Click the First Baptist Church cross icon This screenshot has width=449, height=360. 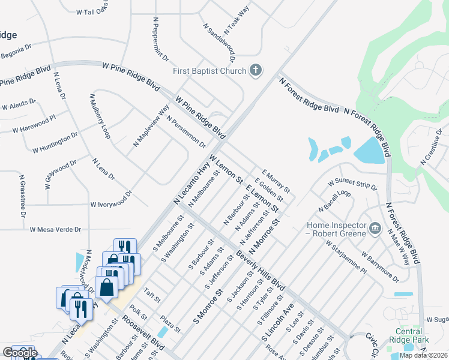256,71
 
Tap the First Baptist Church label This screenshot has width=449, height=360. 209,71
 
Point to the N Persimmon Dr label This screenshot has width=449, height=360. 186,132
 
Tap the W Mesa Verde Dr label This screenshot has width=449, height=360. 55,229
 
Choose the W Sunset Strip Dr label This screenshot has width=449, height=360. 352,184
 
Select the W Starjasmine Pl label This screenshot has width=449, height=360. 346,257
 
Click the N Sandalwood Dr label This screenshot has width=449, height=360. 219,43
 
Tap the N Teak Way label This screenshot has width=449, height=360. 237,21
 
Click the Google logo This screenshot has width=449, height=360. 20,353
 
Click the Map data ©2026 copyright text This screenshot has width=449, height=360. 424,355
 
